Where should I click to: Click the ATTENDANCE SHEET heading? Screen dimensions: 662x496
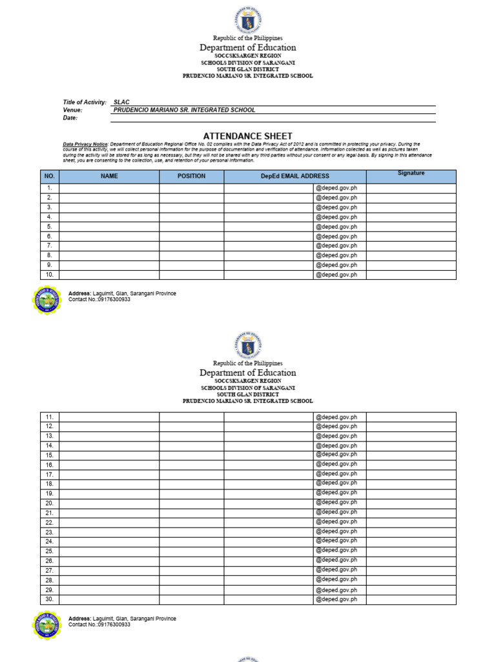[x=248, y=136]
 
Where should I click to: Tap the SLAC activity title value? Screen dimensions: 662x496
[x=121, y=102]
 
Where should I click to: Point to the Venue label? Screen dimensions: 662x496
[x=72, y=110]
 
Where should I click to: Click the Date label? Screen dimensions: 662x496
[x=70, y=118]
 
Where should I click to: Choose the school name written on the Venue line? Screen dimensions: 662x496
[x=184, y=110]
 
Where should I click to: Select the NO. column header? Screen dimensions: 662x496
[x=50, y=176]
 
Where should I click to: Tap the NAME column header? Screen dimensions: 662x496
[x=109, y=176]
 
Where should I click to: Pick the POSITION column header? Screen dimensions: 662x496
[x=192, y=176]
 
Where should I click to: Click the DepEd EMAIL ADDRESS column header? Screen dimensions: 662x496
[x=295, y=176]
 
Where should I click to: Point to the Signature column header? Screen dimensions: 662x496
[x=411, y=173]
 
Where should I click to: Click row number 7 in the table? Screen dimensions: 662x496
[x=50, y=246]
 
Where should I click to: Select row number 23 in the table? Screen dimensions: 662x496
[x=50, y=532]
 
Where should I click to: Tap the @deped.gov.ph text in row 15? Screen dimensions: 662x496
[x=336, y=455]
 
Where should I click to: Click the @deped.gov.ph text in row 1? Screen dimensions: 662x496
[x=336, y=188]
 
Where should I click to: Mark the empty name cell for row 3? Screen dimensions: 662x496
[x=109, y=208]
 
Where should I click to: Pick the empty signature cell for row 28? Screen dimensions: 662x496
[x=411, y=580]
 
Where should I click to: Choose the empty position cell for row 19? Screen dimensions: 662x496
[x=192, y=493]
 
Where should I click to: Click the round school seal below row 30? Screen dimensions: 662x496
[x=47, y=626]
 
